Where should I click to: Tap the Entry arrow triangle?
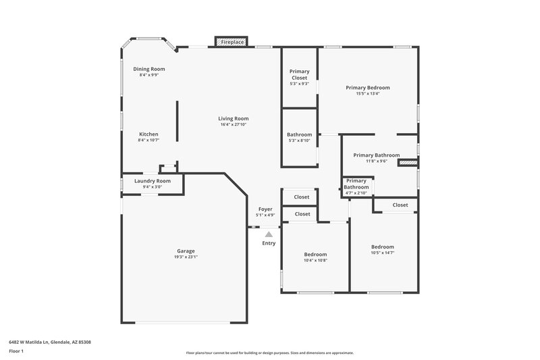(x=269, y=234)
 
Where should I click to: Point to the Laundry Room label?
(x=152, y=181)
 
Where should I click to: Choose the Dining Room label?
(x=148, y=69)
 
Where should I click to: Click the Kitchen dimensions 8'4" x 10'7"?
(x=148, y=140)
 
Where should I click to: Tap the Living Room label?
(x=234, y=118)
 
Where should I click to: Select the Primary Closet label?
(x=299, y=74)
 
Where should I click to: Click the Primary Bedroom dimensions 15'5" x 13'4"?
(x=368, y=94)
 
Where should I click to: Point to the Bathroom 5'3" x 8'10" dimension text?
(x=299, y=140)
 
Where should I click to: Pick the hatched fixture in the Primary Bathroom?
(x=408, y=163)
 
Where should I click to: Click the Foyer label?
(x=265, y=209)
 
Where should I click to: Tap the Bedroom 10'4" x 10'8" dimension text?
(x=315, y=260)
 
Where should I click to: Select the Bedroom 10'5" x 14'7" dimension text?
(x=383, y=253)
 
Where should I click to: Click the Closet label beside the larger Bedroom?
(x=400, y=205)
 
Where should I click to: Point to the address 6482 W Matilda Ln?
(x=50, y=342)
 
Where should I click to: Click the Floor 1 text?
(x=16, y=352)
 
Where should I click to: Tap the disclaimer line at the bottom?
(x=270, y=353)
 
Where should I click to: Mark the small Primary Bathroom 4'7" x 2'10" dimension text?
(x=356, y=193)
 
